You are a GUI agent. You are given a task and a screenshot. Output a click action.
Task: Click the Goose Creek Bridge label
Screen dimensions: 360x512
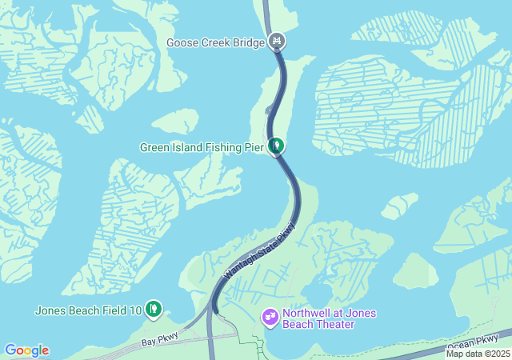[215, 42]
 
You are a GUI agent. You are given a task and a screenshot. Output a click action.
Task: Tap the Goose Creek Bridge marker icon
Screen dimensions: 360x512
[277, 40]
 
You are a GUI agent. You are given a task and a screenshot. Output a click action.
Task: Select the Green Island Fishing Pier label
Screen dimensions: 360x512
[202, 147]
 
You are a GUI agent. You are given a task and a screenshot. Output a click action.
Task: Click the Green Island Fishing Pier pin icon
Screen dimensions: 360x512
[276, 146]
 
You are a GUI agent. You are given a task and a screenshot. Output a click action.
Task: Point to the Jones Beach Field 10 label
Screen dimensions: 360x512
[88, 310]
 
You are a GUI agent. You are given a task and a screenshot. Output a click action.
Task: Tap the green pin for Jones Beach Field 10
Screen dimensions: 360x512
[154, 308]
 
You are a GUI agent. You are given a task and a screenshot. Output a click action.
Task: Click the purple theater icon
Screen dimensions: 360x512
[270, 318]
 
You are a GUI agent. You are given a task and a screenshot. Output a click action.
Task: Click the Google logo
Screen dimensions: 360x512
[26, 350]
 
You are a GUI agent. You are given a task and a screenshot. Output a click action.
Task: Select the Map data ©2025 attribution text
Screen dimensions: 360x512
[478, 354]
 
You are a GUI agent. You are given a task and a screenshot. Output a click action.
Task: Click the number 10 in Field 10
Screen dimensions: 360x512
[135, 310]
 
